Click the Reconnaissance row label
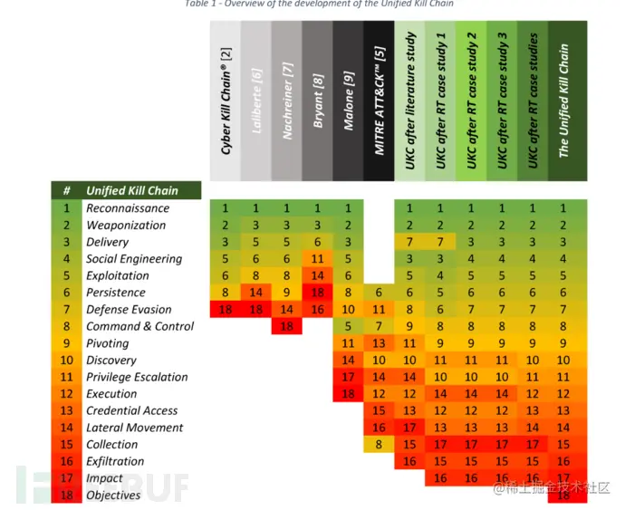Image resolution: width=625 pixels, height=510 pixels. [x=127, y=208]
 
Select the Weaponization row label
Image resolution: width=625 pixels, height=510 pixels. [x=125, y=226]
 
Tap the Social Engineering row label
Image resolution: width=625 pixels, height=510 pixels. [x=133, y=259]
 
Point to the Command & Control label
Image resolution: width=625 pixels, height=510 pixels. [x=139, y=326]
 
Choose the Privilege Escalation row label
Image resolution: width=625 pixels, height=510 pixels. [x=137, y=377]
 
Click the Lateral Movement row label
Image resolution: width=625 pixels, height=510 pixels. [x=134, y=428]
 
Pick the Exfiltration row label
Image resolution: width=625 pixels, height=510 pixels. [x=114, y=461]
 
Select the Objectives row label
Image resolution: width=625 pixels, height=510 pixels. [x=113, y=496]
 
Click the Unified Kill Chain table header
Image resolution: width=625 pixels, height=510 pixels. [x=131, y=191]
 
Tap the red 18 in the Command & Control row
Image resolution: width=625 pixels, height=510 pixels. [x=287, y=327]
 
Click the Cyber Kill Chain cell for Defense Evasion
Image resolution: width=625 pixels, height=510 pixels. [x=226, y=310]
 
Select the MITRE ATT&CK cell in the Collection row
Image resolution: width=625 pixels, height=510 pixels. [x=380, y=445]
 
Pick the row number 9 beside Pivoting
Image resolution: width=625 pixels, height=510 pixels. [x=66, y=343]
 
